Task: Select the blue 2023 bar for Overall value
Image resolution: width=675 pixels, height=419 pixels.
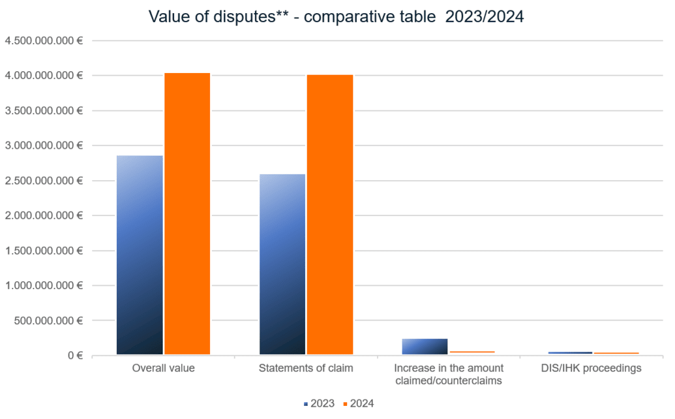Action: pos(140,255)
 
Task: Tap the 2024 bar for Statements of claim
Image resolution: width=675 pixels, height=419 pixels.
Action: pos(330,215)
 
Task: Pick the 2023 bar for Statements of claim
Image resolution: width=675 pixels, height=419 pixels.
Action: pos(282,264)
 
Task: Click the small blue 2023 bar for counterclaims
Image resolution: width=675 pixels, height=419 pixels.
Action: pos(425,347)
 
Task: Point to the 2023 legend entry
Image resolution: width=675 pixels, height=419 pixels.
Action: pos(319,404)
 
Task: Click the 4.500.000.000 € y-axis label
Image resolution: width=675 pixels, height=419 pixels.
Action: pos(44,40)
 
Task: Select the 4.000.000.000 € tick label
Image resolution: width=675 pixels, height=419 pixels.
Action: pos(44,76)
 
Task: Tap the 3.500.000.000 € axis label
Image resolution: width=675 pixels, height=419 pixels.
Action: pos(44,111)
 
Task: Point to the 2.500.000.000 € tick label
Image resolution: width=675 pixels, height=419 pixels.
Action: pos(44,181)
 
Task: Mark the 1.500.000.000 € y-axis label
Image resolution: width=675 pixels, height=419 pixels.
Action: pos(44,251)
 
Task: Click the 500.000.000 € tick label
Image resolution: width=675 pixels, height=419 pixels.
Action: pos(49,320)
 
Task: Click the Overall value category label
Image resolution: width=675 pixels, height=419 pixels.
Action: pos(163,368)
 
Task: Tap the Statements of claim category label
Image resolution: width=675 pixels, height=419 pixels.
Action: pos(306,368)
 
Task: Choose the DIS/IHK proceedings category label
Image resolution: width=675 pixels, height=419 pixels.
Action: pos(592,368)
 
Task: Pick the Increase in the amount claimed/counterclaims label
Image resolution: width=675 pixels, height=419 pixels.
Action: pos(449,374)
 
